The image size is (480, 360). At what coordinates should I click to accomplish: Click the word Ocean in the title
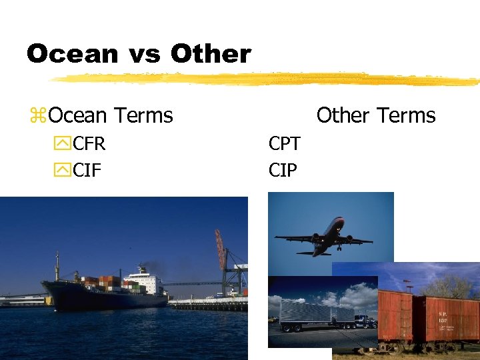pyautogui.click(x=72, y=54)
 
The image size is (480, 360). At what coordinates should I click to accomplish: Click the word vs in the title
pyautogui.click(x=144, y=54)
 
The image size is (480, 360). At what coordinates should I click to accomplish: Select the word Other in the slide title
pyautogui.click(x=211, y=54)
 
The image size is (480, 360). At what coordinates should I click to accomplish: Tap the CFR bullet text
pyautogui.click(x=89, y=143)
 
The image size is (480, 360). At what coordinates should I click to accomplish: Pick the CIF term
pyautogui.click(x=87, y=171)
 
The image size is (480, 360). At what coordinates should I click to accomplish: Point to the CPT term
pyautogui.click(x=284, y=143)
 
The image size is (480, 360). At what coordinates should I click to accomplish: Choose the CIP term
pyautogui.click(x=283, y=171)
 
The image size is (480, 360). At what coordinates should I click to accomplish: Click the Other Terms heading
pyautogui.click(x=375, y=115)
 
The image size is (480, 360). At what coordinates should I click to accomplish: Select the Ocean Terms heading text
pyautogui.click(x=111, y=115)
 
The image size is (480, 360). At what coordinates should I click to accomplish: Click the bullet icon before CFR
pyautogui.click(x=63, y=144)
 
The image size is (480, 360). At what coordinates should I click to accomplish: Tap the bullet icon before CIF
pyautogui.click(x=63, y=171)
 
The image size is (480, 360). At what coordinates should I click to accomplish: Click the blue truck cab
pyautogui.click(x=365, y=321)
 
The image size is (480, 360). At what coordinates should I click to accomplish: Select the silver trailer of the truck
pyautogui.click(x=317, y=313)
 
